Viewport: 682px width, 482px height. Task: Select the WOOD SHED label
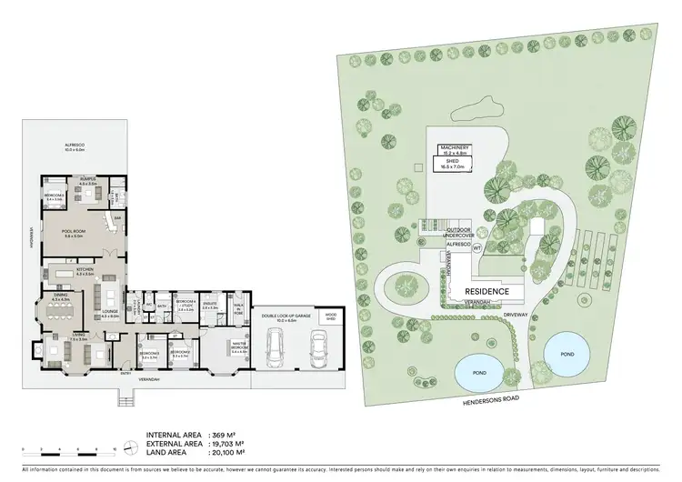point(331,316)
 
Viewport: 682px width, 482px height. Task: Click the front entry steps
point(126,396)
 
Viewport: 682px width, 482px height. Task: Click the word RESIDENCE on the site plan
point(501,291)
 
